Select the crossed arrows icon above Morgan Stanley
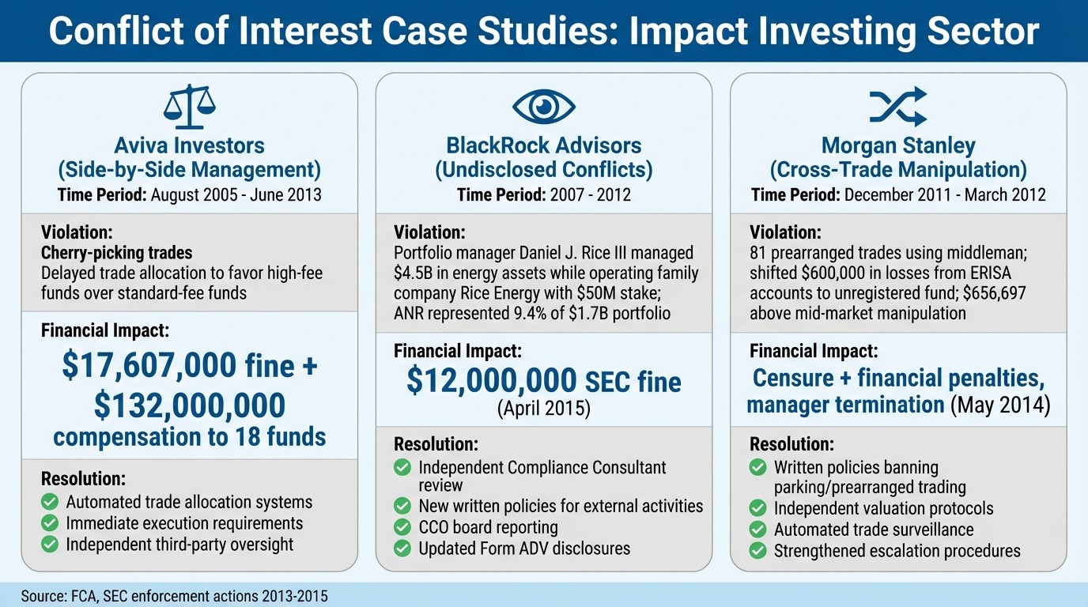coord(897,106)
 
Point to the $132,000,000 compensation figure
coord(189,405)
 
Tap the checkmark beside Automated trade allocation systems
coord(50,502)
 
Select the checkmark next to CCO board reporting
coord(402,527)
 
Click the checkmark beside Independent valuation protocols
coord(757,508)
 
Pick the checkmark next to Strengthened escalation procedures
coord(757,551)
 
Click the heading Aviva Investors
coord(189,146)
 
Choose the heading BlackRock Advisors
coord(543,146)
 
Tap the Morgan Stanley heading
coord(897,146)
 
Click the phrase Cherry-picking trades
coord(116,253)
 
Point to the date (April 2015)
coord(543,409)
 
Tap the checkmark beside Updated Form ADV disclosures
coord(402,548)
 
